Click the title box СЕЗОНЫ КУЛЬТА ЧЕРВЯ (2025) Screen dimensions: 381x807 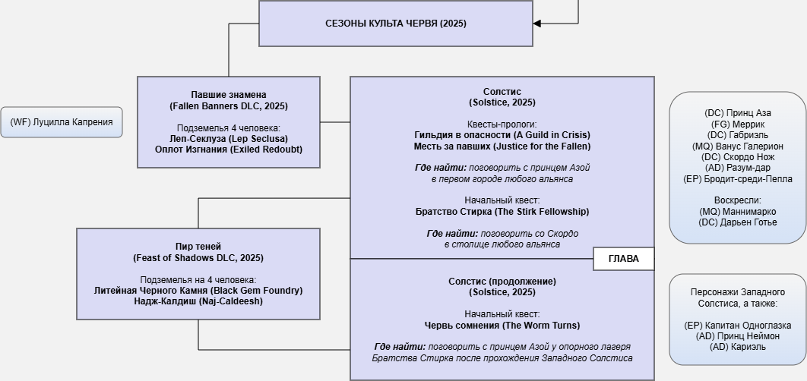pos(395,24)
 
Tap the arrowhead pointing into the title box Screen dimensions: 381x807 pos(536,24)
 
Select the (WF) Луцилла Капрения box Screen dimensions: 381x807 pos(62,122)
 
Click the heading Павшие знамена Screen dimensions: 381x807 pos(229,95)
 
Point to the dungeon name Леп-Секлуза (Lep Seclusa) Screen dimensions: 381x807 pos(229,139)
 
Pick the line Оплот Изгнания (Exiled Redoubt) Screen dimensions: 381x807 pos(229,150)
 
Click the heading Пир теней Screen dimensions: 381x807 pos(198,247)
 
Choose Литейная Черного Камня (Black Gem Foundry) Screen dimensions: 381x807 pos(198,291)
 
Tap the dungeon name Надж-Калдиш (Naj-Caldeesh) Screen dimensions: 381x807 pos(198,301)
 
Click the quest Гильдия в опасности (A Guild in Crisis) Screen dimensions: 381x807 pos(502,135)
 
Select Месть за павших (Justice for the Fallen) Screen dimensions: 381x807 pos(502,146)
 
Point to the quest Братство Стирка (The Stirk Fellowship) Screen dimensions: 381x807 pos(502,212)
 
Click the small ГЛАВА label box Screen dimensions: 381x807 pos(624,259)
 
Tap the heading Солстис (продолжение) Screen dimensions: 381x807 pos(502,282)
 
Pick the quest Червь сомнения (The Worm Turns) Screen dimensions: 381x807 pos(502,326)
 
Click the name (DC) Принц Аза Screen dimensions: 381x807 pos(738,113)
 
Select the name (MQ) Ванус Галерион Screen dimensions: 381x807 pos(738,146)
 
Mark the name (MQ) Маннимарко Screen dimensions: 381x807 pos(738,212)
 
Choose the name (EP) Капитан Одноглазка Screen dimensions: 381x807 pos(738,325)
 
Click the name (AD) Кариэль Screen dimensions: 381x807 pos(738,347)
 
